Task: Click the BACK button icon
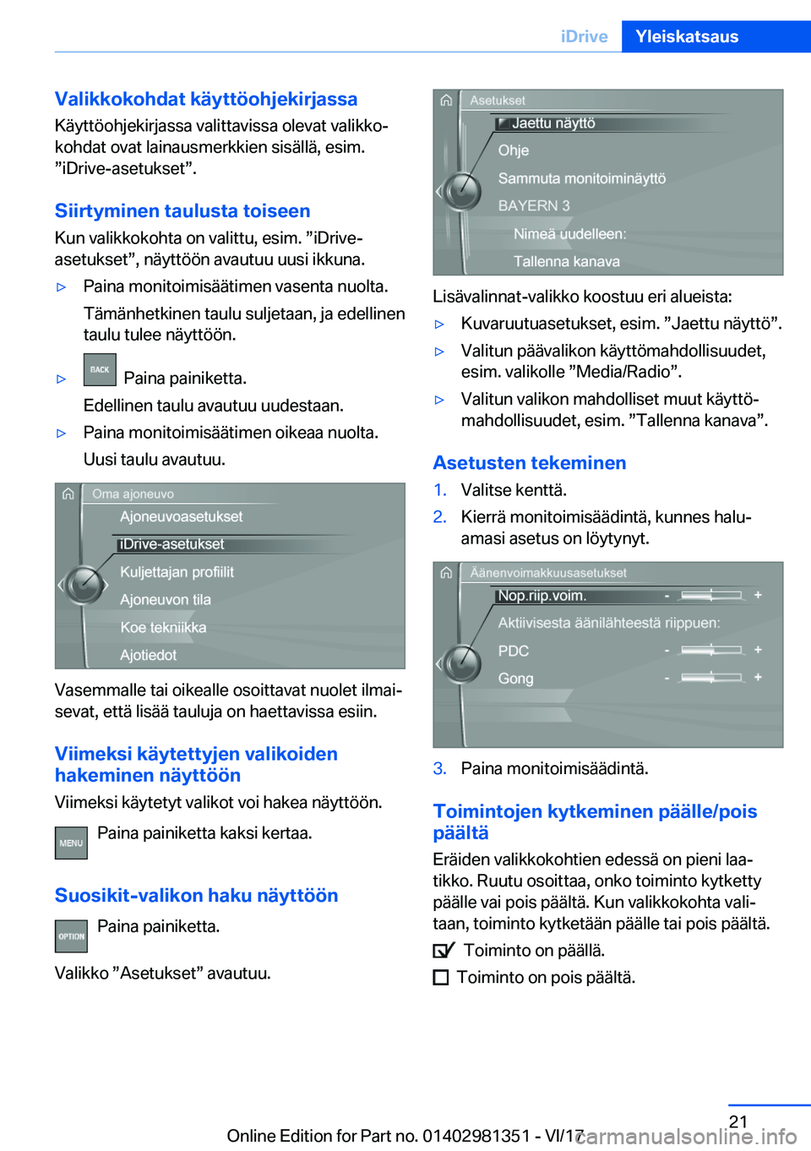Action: (100, 369)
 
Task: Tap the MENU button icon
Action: (71, 843)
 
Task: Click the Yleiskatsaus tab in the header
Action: (686, 36)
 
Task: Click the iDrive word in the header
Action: (584, 36)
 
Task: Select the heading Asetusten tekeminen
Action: (529, 463)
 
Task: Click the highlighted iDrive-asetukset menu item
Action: (172, 544)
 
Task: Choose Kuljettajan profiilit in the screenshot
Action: (177, 572)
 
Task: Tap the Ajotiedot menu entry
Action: (149, 655)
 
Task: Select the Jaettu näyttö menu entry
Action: (553, 123)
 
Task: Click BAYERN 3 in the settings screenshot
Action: (534, 205)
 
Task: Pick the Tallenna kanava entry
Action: (566, 261)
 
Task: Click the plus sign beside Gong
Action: (758, 677)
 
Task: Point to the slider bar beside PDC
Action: (711, 650)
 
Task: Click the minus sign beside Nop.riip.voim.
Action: (667, 596)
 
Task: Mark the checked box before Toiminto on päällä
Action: (443, 951)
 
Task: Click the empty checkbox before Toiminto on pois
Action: (440, 978)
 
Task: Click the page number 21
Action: (738, 1121)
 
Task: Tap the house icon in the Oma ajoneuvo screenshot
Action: (68, 494)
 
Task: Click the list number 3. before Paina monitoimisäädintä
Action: (439, 768)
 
